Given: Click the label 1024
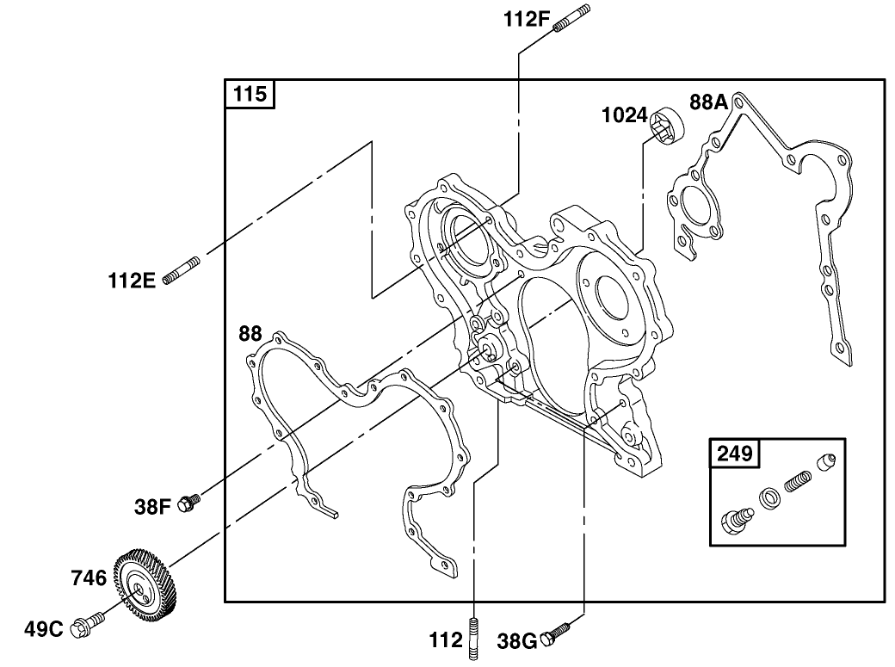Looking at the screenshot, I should coord(624,114).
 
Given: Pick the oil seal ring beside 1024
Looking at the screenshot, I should coord(667,126).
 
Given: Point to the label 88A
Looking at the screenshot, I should coord(708,102).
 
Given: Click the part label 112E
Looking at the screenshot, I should coord(132,280).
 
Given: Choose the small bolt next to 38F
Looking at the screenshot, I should coord(188,502).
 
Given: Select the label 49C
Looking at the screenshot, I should coord(44,629).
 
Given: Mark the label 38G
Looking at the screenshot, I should coord(518,640).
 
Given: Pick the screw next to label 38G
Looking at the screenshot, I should coord(559,633).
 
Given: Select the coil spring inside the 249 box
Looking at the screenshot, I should coord(799,478).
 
